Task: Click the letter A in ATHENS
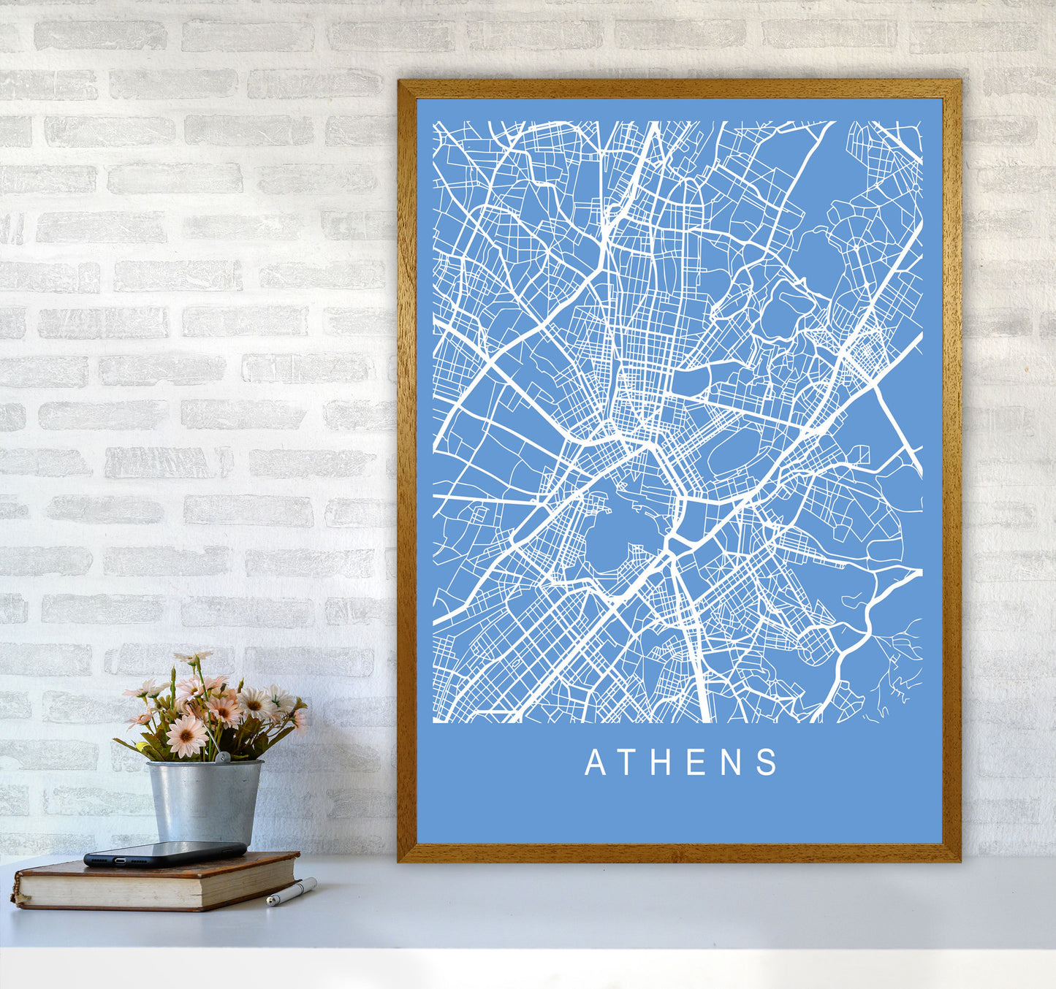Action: pos(595,763)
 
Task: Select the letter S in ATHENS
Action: pos(767,763)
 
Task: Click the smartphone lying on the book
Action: pos(164,853)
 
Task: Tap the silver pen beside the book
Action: pos(291,893)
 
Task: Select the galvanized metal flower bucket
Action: pos(204,801)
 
